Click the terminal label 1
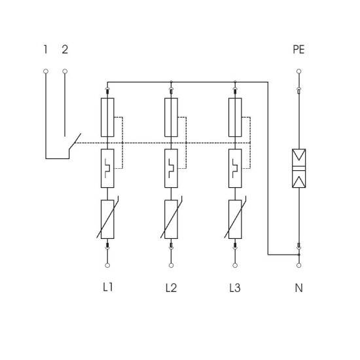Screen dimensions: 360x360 tap(45, 50)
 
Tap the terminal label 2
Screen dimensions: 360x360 tap(65, 50)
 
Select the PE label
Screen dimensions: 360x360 tap(298, 50)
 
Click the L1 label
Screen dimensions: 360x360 tap(108, 287)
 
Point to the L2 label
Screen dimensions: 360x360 tap(171, 288)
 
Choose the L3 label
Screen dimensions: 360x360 tap(235, 288)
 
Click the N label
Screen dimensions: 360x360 tap(298, 288)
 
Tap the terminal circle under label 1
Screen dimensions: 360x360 tap(46, 71)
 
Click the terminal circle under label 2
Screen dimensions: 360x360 tap(65, 71)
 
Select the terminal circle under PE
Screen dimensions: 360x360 tap(298, 71)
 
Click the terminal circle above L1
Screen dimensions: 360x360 tap(107, 265)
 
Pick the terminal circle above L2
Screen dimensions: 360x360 tap(171, 265)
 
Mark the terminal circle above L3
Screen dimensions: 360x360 tap(235, 265)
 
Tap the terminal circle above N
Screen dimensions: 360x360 tap(298, 265)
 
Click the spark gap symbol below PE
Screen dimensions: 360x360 tap(298, 168)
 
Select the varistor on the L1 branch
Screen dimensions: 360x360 tap(107, 219)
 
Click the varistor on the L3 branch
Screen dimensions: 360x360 tap(235, 219)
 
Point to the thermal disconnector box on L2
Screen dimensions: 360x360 tap(171, 168)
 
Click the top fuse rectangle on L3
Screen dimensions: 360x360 tap(235, 117)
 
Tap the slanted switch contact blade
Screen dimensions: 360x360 tap(75, 141)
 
